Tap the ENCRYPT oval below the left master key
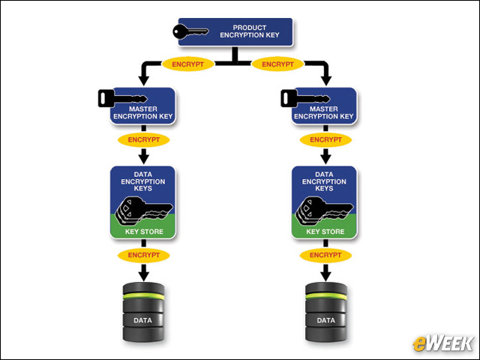tap(143, 139)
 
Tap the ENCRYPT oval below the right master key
tap(325, 139)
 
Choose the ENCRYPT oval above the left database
tap(143, 255)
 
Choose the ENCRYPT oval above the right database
tap(325, 255)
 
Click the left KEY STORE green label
tap(143, 232)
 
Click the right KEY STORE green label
tap(325, 232)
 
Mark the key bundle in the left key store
tap(142, 211)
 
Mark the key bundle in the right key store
tap(323, 211)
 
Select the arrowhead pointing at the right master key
tap(325, 79)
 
